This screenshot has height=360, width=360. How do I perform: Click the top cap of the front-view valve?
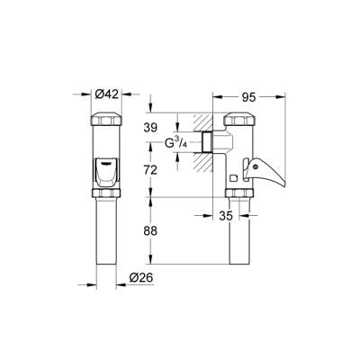pos(106,120)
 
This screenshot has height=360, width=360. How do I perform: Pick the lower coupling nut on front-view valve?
pos(106,192)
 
